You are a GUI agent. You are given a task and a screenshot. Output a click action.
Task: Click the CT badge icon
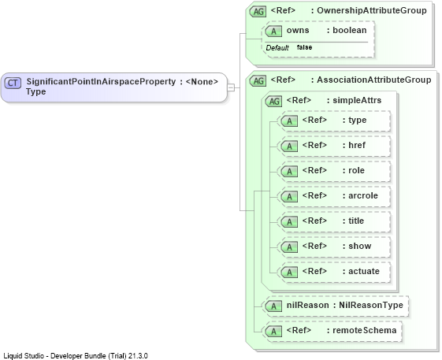click(13, 83)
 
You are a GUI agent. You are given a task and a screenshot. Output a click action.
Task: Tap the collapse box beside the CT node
click(231, 87)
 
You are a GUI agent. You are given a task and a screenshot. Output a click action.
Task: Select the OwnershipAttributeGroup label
click(372, 10)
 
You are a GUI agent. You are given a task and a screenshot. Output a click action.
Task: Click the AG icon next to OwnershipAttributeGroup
click(258, 11)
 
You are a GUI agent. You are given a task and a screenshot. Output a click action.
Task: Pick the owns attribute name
click(298, 30)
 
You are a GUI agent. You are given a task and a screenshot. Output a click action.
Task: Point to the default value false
click(304, 47)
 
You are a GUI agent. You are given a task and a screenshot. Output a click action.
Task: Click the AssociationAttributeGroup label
click(373, 80)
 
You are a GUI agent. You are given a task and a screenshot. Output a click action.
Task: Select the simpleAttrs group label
click(357, 100)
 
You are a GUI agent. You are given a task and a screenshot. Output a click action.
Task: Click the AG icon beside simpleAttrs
click(273, 101)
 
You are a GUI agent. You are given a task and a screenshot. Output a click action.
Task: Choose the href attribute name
click(357, 145)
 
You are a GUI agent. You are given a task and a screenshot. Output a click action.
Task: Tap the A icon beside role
click(289, 172)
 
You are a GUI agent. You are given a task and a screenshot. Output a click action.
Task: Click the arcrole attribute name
click(363, 195)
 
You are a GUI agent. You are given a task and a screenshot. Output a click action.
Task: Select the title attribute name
click(356, 221)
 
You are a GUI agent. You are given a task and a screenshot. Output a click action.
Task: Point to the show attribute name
click(360, 246)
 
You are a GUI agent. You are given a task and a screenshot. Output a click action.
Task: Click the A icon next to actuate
click(289, 272)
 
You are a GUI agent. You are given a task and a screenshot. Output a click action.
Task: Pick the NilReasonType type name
click(371, 305)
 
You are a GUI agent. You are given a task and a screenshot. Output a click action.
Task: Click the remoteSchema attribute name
click(365, 330)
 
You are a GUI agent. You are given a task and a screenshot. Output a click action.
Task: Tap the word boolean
click(350, 30)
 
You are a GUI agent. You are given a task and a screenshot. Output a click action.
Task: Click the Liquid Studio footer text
click(76, 356)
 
